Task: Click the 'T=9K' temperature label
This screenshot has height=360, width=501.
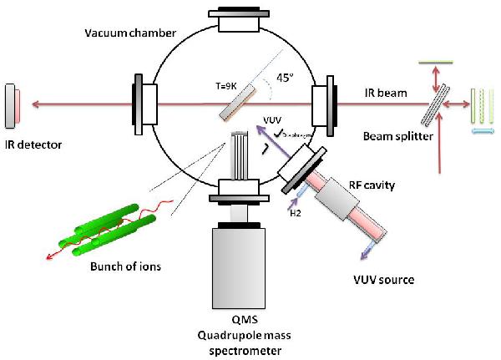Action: pyautogui.click(x=225, y=84)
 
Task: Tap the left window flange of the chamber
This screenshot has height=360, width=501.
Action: pyautogui.click(x=139, y=104)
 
